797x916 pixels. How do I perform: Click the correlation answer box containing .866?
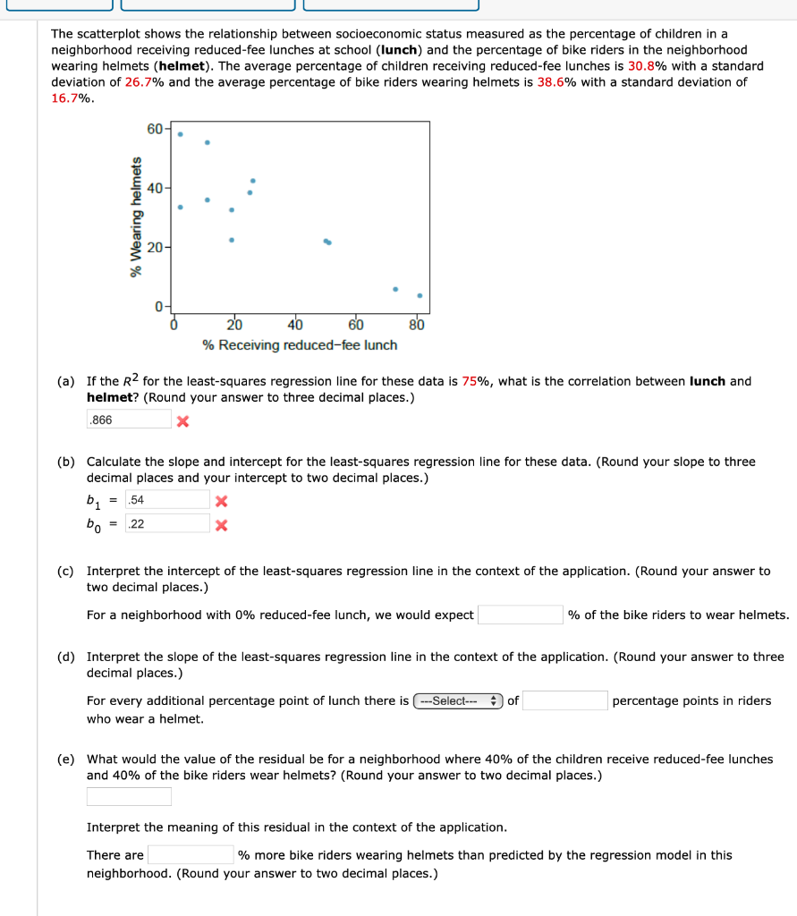(129, 420)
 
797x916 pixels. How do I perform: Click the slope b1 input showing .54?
(167, 499)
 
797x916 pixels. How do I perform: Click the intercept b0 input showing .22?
(167, 524)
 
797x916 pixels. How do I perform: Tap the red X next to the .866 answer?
(182, 420)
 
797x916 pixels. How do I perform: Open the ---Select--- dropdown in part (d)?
(458, 701)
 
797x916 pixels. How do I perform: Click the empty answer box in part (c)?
(519, 615)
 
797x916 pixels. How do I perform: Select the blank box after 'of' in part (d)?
(565, 701)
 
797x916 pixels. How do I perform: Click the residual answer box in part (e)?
(129, 796)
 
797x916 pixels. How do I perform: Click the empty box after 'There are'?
(191, 855)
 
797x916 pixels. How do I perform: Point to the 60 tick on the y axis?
(156, 129)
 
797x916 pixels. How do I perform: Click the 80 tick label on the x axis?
(417, 325)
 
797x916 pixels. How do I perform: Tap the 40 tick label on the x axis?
(295, 325)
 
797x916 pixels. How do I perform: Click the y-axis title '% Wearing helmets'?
(136, 217)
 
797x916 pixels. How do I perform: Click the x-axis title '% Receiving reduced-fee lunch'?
(301, 345)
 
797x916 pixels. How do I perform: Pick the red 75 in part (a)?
(470, 381)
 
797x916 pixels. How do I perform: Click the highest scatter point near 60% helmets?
(180, 134)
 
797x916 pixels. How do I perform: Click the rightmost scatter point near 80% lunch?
(420, 295)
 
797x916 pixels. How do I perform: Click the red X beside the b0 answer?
(222, 525)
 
